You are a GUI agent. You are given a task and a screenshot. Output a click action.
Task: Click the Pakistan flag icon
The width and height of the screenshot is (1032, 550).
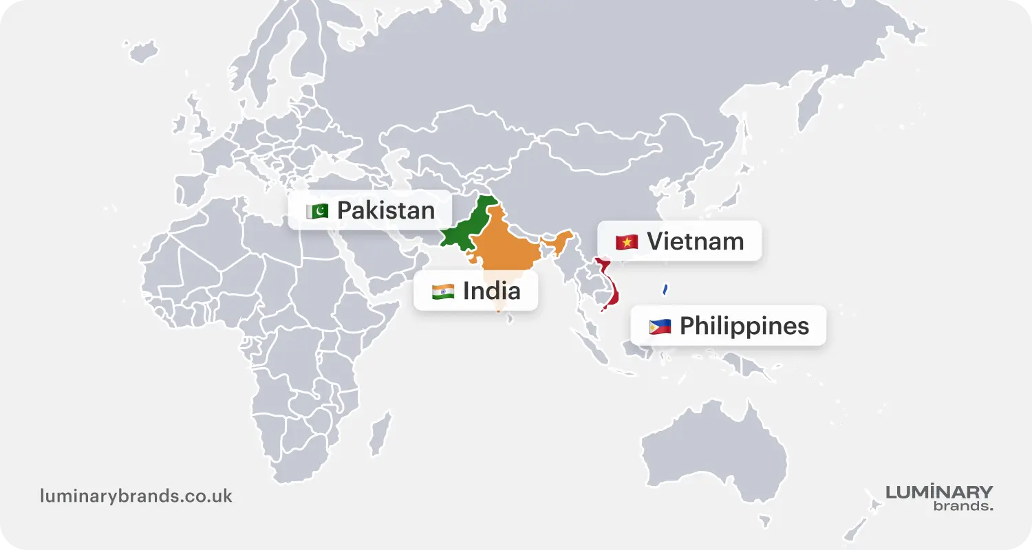point(317,210)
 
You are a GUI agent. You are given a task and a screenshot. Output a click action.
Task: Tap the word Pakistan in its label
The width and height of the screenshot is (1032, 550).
point(386,210)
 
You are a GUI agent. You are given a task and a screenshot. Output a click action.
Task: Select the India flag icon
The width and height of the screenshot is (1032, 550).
point(443,291)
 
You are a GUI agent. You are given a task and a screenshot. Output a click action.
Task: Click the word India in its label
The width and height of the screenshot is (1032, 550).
point(491,291)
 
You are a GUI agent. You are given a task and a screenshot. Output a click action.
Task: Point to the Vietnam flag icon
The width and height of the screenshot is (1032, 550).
point(627,242)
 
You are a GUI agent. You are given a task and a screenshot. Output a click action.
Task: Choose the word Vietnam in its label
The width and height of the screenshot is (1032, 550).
point(696,242)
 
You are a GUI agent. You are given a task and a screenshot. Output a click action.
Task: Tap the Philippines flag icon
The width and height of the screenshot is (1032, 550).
point(660,327)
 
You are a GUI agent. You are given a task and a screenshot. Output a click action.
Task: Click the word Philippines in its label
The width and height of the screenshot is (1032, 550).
point(744,327)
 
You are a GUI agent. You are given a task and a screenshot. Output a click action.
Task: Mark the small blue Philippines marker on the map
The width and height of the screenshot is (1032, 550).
point(665,289)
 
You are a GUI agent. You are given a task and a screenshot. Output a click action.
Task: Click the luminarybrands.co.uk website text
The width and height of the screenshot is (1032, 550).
point(136,496)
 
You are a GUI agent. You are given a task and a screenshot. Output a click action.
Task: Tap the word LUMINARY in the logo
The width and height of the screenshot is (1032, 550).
point(939,492)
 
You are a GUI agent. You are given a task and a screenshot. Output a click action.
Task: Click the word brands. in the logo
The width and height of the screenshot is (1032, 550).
point(963,507)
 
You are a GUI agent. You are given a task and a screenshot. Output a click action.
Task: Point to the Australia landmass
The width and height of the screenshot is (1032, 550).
point(716,447)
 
